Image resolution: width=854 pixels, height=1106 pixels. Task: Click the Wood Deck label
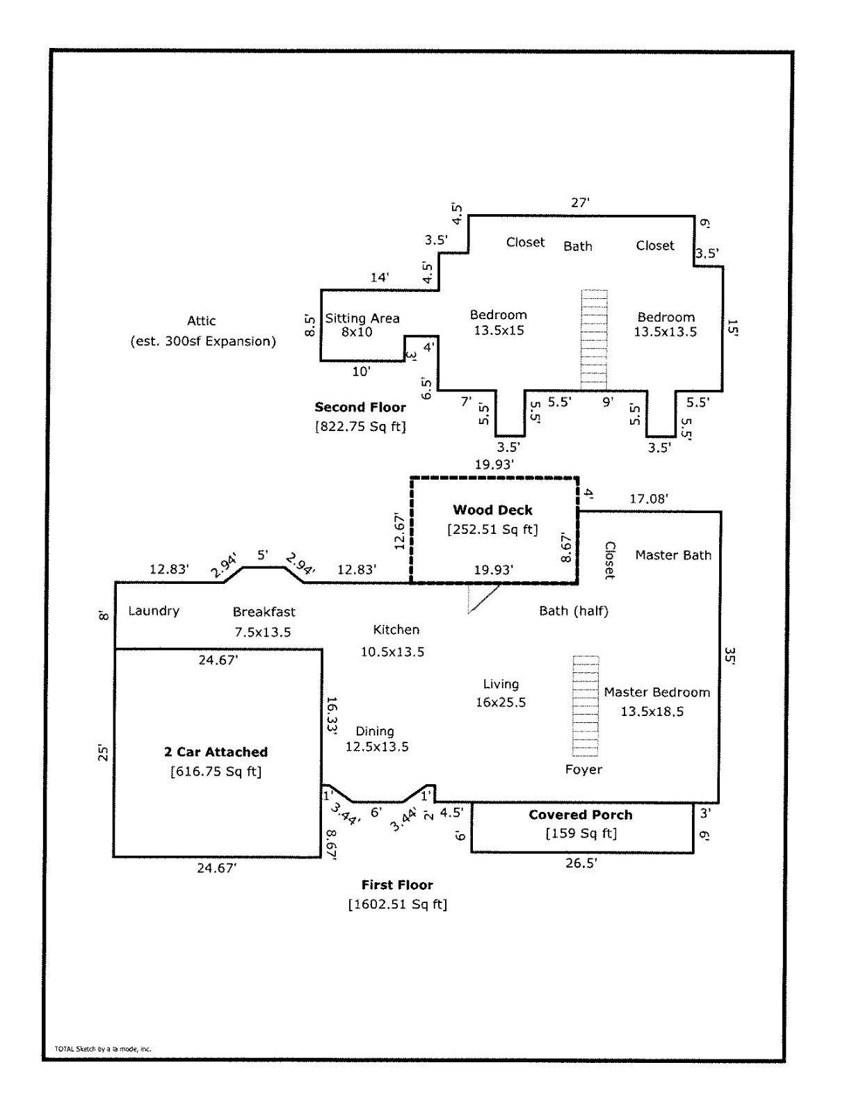pos(492,510)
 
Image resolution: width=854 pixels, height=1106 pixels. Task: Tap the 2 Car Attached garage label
pos(216,751)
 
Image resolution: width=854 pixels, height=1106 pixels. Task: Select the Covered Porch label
pos(580,815)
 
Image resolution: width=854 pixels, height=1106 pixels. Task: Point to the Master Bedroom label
pos(656,692)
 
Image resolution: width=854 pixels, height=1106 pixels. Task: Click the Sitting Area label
pos(362,318)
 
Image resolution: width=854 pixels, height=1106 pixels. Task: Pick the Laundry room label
pos(154,611)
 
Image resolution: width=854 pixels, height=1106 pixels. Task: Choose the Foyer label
pos(583,770)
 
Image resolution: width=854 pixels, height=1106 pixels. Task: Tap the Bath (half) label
pos(574,611)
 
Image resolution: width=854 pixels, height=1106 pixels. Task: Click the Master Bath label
pos(672,555)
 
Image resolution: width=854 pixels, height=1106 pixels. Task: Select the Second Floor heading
pos(360,407)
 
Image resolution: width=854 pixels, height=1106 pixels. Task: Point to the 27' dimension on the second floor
pos(580,202)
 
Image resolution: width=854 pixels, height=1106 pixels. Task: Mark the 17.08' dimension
pos(649,499)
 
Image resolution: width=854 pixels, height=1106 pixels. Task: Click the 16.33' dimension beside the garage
pos(332,715)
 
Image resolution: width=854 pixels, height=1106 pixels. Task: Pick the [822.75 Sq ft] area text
pos(360,426)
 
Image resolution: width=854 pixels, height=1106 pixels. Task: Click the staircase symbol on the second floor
pos(595,340)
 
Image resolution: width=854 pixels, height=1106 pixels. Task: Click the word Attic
pos(202,320)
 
